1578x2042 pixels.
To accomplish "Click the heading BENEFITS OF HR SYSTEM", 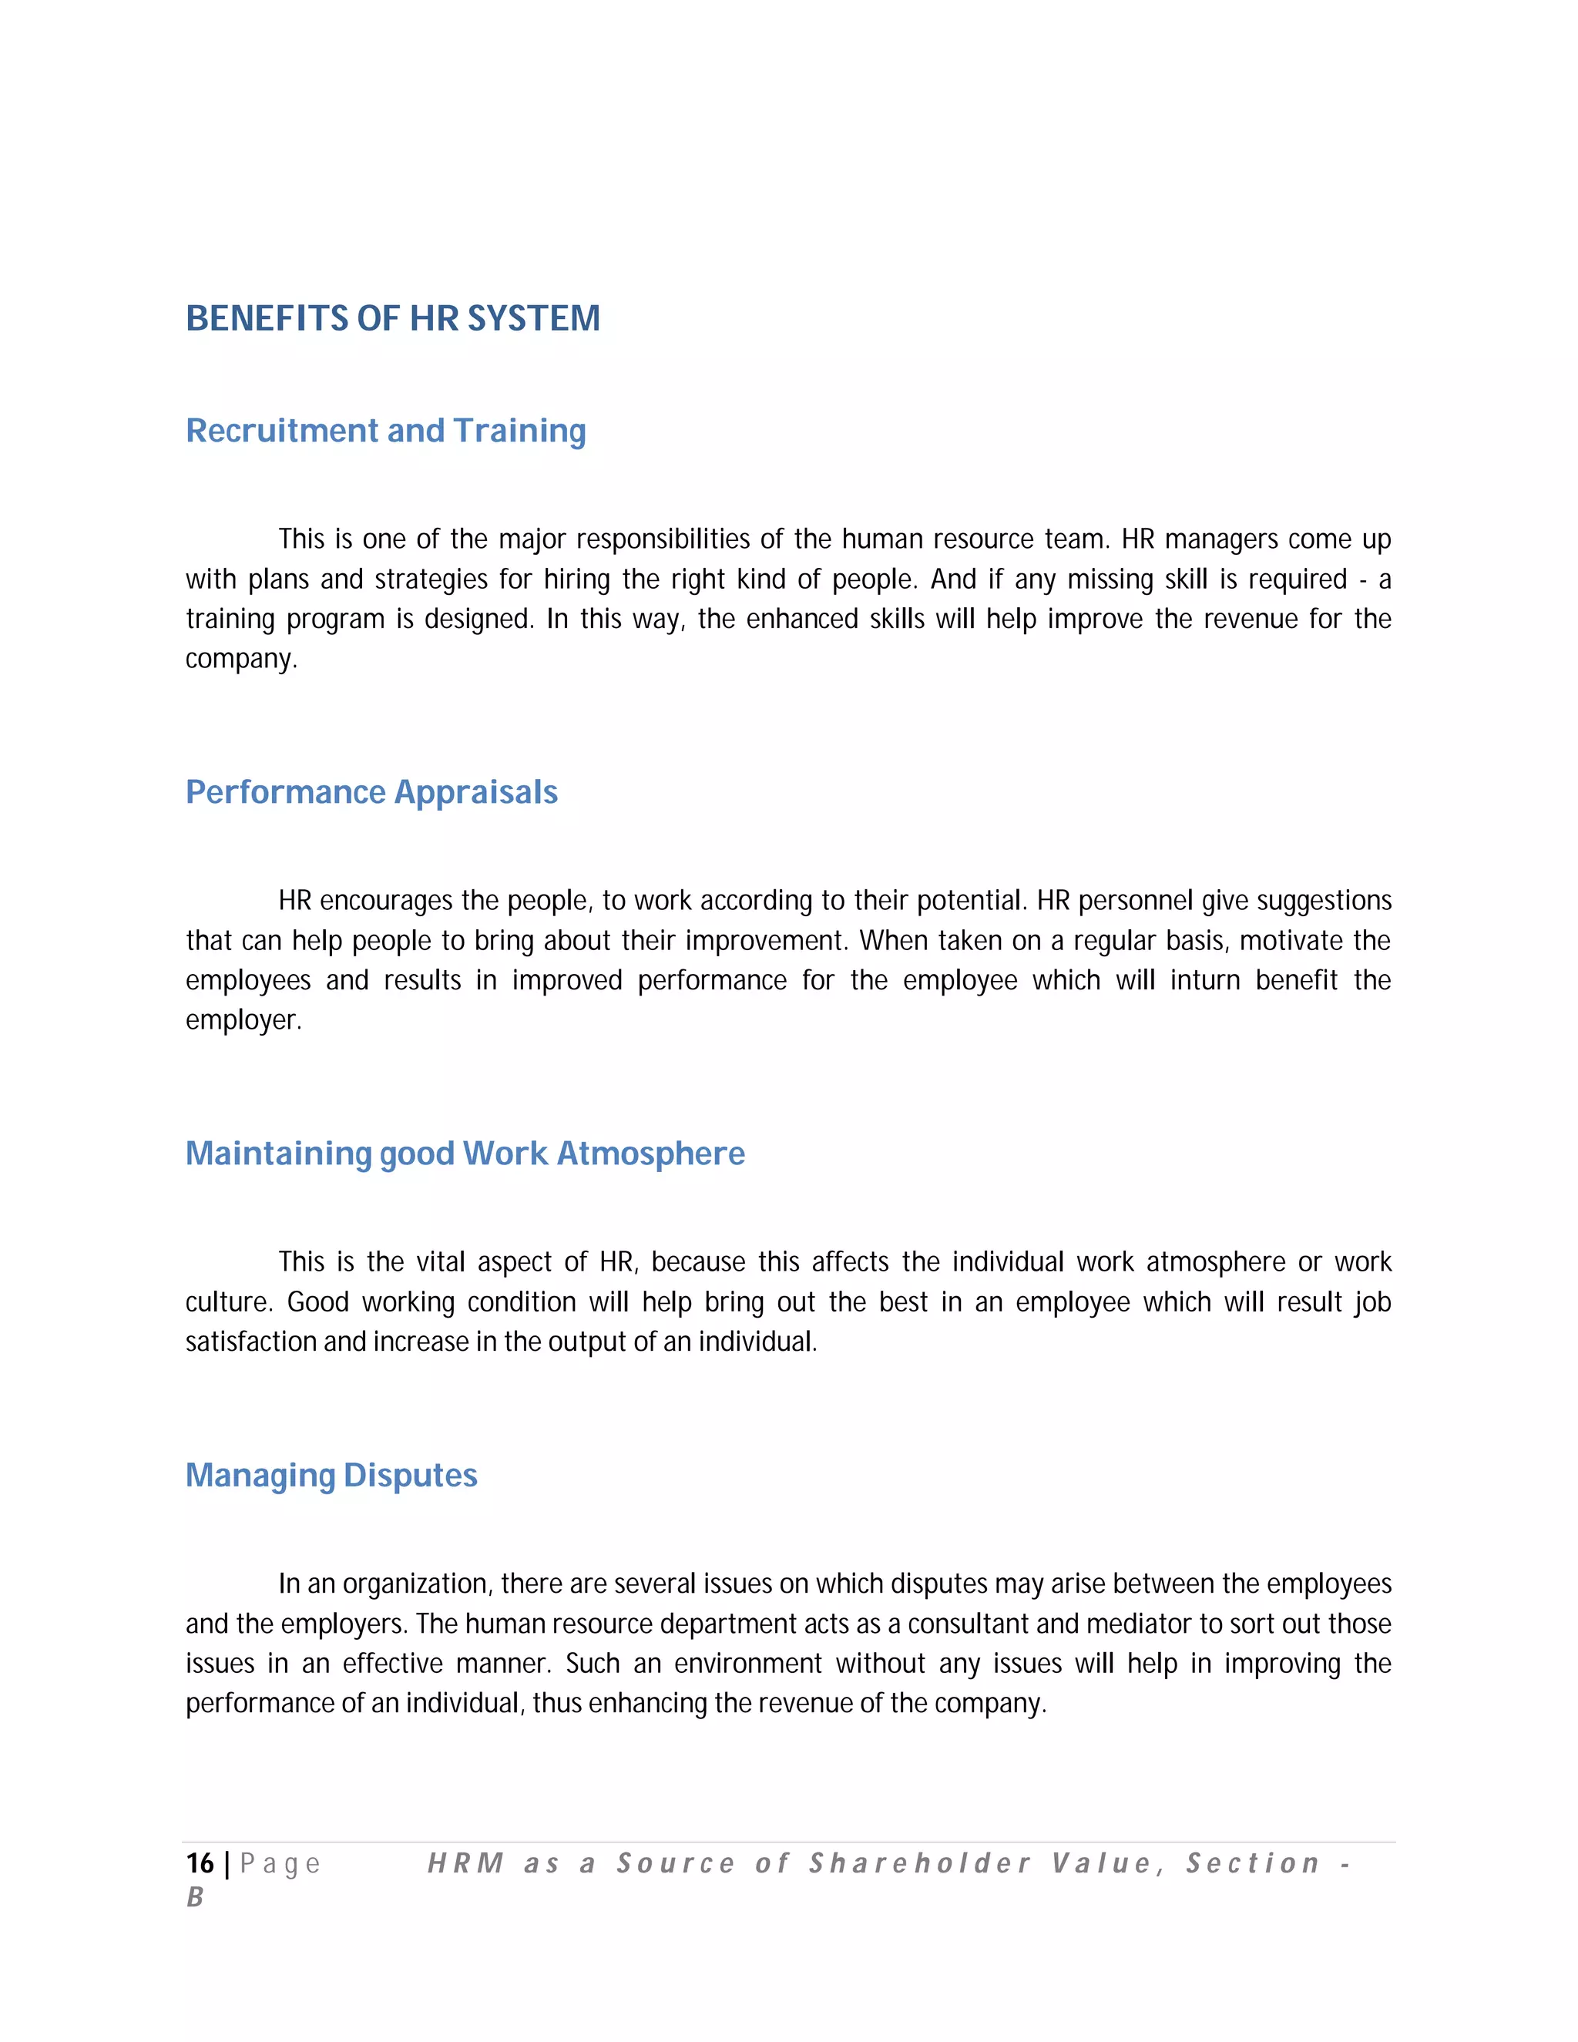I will [x=393, y=319].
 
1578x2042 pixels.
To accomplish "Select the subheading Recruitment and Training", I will [x=385, y=431].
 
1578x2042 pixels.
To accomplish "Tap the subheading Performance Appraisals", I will [x=371, y=793].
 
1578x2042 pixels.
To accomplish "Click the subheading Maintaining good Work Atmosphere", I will [x=465, y=1154].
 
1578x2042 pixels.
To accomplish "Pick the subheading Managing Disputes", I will [x=331, y=1476].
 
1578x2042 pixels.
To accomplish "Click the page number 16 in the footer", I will [x=199, y=1864].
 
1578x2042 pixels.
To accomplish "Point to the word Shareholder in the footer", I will [x=920, y=1864].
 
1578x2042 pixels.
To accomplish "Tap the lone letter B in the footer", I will [x=194, y=1898].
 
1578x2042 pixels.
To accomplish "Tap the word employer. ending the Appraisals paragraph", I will [x=243, y=1021].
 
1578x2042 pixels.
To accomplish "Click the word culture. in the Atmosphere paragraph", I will [x=229, y=1302].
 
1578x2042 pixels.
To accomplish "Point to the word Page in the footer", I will [x=280, y=1864].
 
